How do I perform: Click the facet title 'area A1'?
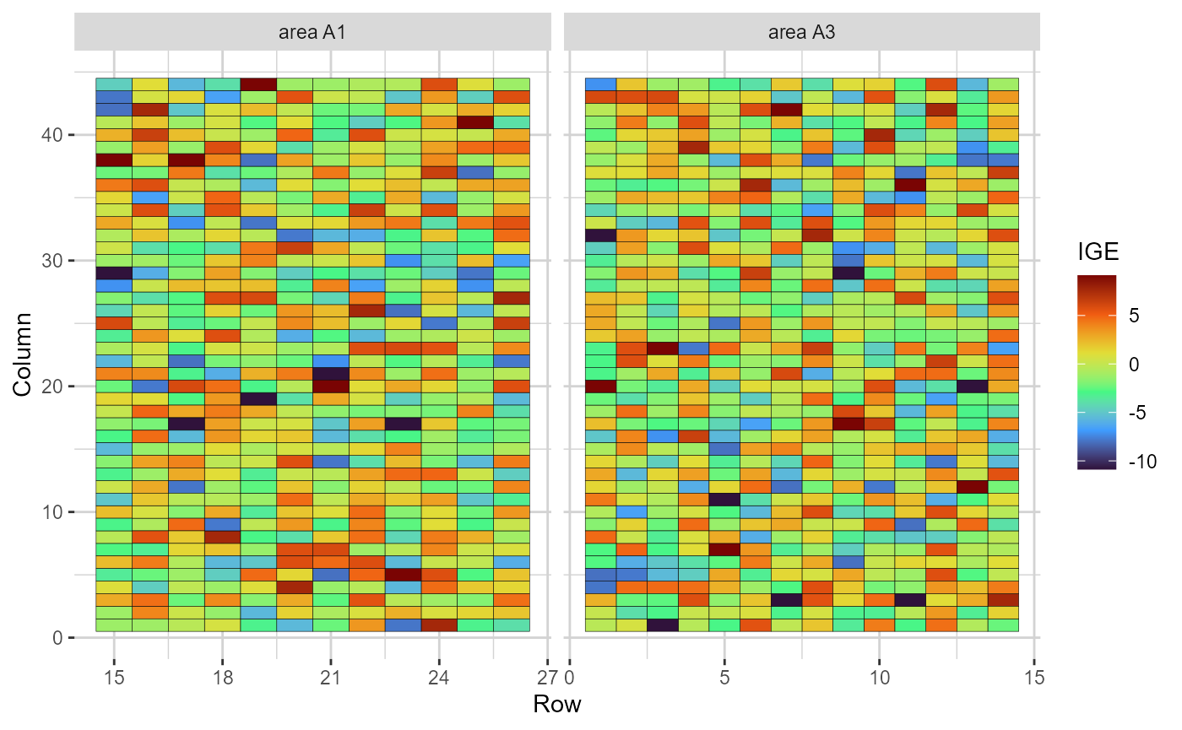[x=312, y=33]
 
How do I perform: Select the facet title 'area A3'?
[x=801, y=33]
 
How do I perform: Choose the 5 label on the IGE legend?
[x=1130, y=316]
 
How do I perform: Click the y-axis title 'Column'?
[x=23, y=354]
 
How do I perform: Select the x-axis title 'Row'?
[x=556, y=704]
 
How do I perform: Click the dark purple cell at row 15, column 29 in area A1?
[x=113, y=273]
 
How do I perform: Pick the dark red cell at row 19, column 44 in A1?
[x=258, y=84]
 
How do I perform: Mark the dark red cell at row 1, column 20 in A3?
[x=600, y=387]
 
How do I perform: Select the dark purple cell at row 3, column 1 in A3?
[x=663, y=625]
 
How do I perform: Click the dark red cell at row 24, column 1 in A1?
[x=438, y=625]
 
